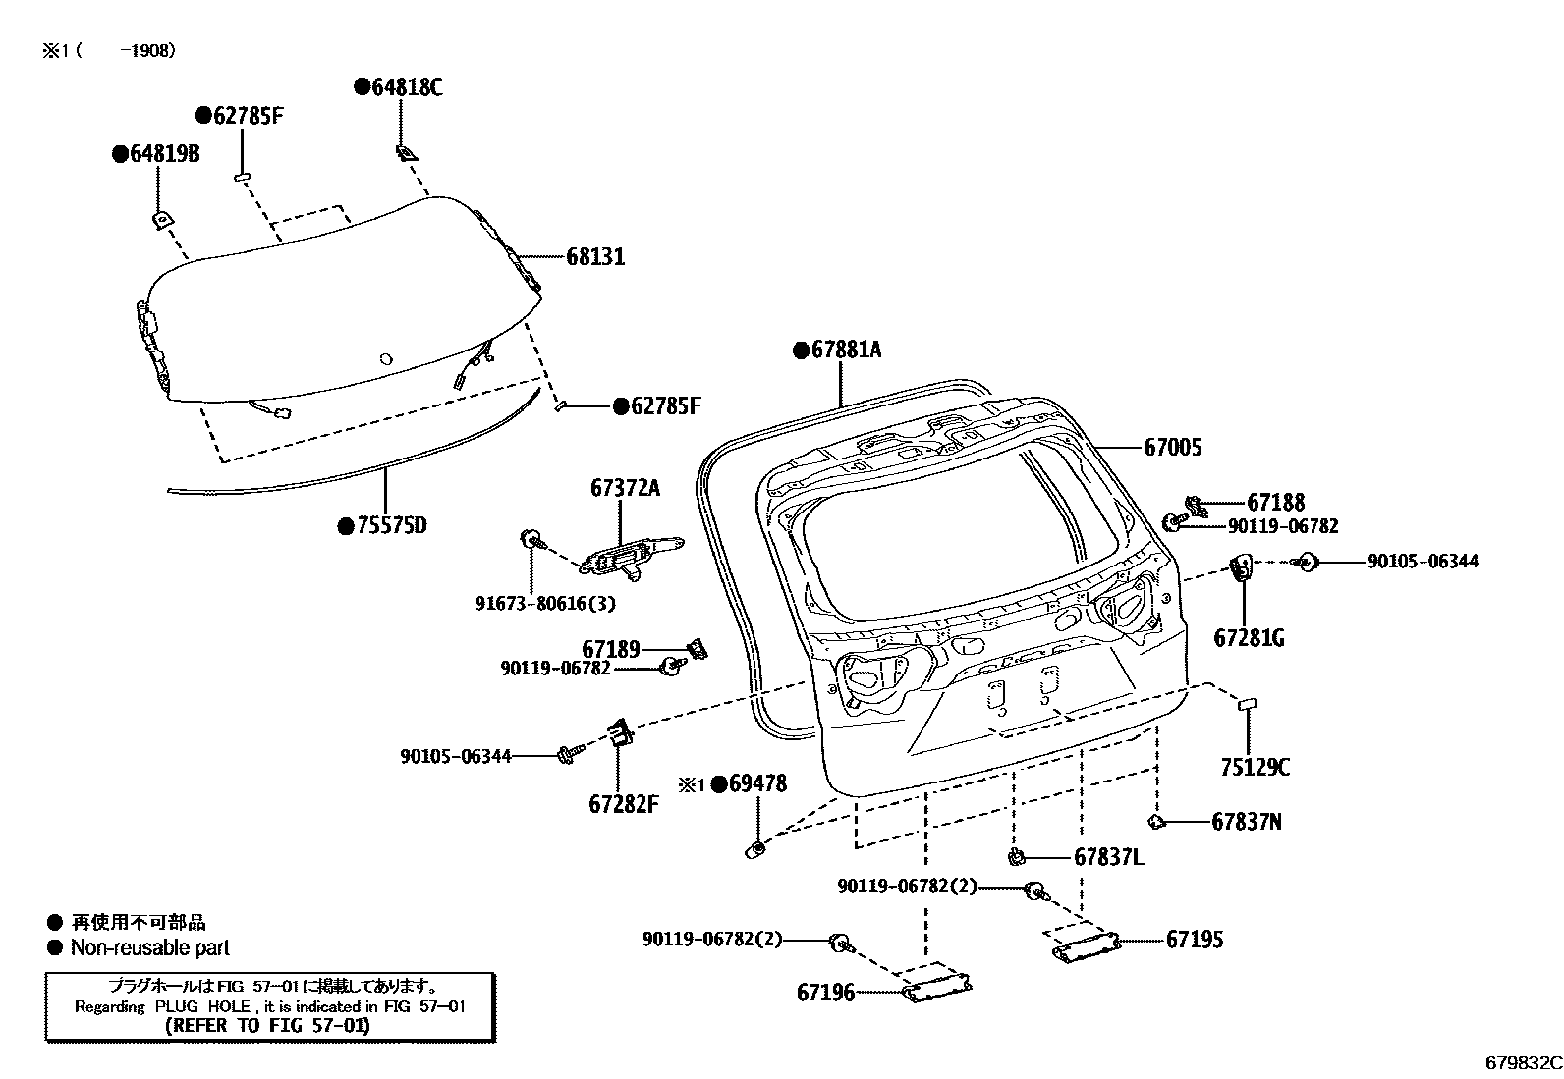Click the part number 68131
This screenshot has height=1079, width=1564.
(595, 257)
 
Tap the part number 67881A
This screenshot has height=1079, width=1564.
(846, 350)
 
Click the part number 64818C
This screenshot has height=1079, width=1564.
(407, 87)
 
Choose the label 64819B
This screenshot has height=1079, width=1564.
(164, 154)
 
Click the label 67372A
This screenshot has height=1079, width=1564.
(625, 487)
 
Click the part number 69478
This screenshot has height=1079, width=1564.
(757, 783)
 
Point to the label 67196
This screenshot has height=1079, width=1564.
(825, 993)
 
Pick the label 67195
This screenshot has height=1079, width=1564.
(1195, 940)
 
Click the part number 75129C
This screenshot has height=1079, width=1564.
(1255, 768)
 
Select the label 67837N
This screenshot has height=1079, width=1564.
(1246, 822)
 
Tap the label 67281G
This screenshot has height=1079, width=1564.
(1249, 638)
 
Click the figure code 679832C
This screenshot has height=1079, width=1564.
(1522, 1062)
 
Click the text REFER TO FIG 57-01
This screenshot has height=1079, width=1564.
(267, 1025)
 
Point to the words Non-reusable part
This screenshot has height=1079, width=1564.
(149, 948)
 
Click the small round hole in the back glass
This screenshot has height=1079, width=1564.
(386, 359)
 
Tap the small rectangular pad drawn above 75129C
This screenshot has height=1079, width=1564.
(1247, 703)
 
